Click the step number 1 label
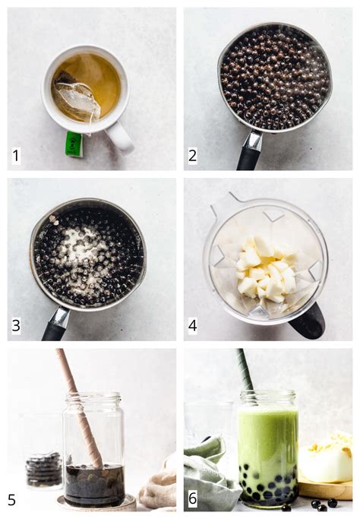[16, 157]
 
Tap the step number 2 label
[194, 157]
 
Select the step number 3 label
[16, 327]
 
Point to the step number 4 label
[194, 327]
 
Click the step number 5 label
[13, 499]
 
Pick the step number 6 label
[194, 499]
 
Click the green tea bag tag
[74, 144]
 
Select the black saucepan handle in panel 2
[249, 153]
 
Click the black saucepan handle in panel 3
[55, 324]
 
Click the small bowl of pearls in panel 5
[44, 470]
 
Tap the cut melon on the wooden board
[327, 460]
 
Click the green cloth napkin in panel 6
[209, 471]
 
